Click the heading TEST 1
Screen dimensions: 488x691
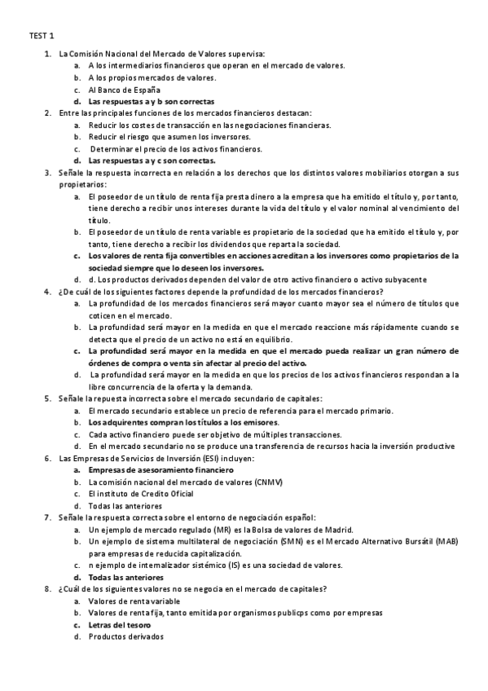(x=42, y=36)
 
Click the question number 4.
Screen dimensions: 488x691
(x=47, y=292)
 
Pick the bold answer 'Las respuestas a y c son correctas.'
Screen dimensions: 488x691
(x=152, y=161)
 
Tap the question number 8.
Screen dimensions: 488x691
(x=47, y=588)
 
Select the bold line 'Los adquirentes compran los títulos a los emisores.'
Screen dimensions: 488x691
(x=182, y=423)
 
